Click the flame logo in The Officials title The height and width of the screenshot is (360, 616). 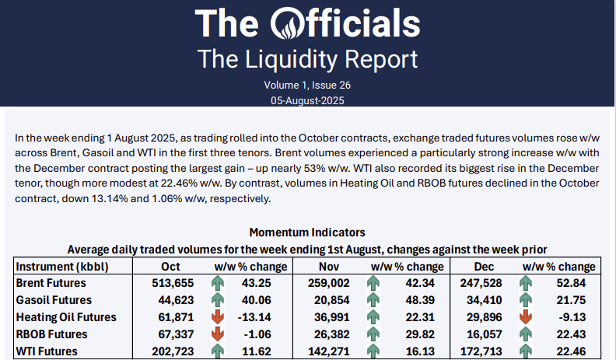click(x=292, y=23)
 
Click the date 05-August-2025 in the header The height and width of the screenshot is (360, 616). click(x=308, y=100)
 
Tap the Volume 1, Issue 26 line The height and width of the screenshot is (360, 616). click(x=308, y=85)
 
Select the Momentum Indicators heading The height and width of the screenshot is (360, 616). click(x=307, y=232)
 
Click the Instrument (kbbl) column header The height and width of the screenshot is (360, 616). click(x=62, y=267)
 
